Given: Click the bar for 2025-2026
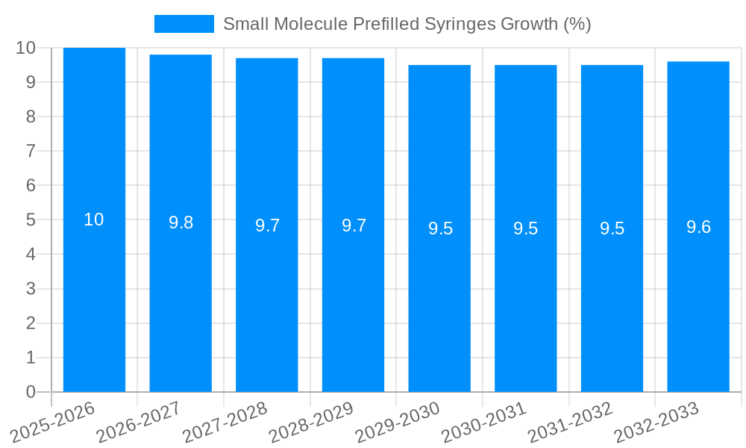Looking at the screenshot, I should pyautogui.click(x=94, y=299).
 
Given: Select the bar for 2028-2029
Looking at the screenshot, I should pyautogui.click(x=353, y=299).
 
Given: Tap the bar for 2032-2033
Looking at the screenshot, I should pyautogui.click(x=698, y=299).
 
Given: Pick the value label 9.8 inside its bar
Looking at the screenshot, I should pyautogui.click(x=181, y=223).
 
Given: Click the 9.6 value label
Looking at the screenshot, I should pyautogui.click(x=698, y=227).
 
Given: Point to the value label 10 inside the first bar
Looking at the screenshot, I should pyautogui.click(x=94, y=220).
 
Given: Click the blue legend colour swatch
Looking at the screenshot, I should pyautogui.click(x=184, y=24).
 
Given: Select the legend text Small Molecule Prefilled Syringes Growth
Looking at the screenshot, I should pyautogui.click(x=407, y=24).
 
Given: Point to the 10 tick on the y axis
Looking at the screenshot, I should pyautogui.click(x=25, y=48).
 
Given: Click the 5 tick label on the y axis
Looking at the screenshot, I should pyautogui.click(x=31, y=220).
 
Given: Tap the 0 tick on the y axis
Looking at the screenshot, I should pyautogui.click(x=31, y=392).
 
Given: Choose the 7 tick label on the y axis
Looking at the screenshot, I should pyautogui.click(x=31, y=151).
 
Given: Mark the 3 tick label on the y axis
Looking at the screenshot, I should pyautogui.click(x=31, y=289).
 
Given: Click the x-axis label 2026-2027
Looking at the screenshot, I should pyautogui.click(x=139, y=423).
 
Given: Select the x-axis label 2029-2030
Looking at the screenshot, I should pyautogui.click(x=398, y=423).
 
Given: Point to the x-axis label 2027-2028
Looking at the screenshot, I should pyautogui.click(x=225, y=423).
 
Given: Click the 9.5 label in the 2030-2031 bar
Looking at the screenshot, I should pyautogui.click(x=525, y=228).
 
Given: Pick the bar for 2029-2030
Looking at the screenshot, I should pyautogui.click(x=439, y=299).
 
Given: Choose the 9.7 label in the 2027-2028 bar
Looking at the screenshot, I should pyautogui.click(x=267, y=225).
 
